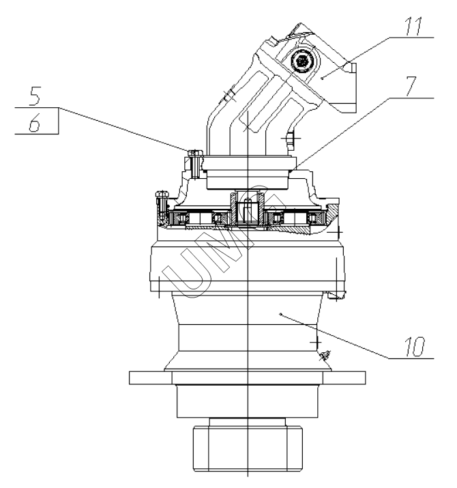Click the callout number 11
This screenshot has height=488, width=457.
tap(414, 27)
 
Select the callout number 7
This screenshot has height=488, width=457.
tap(411, 86)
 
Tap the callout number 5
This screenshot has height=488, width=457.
tap(35, 96)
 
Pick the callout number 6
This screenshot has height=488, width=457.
tap(35, 122)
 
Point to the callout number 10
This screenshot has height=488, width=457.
tap(415, 346)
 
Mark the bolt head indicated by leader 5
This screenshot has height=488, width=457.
tap(195, 152)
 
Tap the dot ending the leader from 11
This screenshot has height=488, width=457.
tap(323, 78)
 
